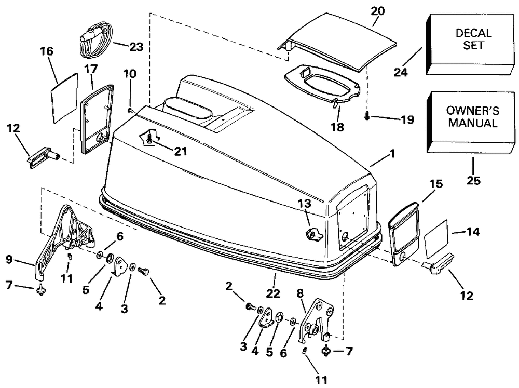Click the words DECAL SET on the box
point(473,39)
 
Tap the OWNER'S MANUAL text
point(473,117)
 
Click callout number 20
point(378,11)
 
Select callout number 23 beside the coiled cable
point(136,47)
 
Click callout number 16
point(47,51)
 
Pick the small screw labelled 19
point(367,116)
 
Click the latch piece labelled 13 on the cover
point(313,234)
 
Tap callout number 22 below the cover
point(274,293)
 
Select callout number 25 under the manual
point(473,181)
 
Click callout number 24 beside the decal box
point(401,72)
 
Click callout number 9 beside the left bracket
point(9,259)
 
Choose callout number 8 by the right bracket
point(300,293)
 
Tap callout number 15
point(436,184)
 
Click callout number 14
point(473,231)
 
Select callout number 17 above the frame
point(91,69)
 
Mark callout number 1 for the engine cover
point(392,154)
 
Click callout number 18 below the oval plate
point(337,127)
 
